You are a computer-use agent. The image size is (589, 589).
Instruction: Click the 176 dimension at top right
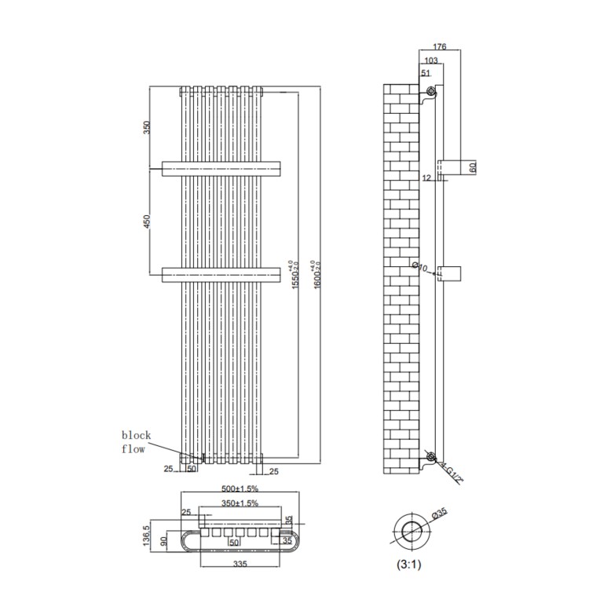coord(440,48)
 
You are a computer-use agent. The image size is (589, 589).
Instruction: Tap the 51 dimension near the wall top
coord(426,73)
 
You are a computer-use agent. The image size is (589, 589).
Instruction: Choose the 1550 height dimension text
coord(293,274)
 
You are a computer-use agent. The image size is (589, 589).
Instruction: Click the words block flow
coord(135,442)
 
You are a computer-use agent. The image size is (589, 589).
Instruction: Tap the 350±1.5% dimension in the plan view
coord(239,503)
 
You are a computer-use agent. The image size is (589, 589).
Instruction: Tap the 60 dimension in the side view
coord(473,168)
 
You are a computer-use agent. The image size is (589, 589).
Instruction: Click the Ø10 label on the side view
coord(420,268)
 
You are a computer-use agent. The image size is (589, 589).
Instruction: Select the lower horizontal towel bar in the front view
coord(221,274)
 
